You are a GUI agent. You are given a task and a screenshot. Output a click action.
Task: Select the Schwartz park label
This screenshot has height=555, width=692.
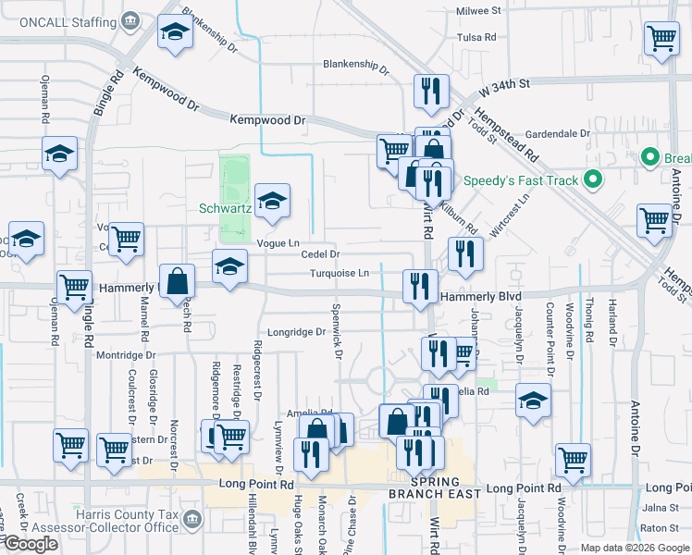(x=225, y=208)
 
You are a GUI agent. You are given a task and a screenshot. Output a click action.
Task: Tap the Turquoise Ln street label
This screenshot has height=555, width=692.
(x=339, y=273)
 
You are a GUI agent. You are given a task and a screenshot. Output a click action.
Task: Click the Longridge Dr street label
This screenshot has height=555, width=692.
(x=297, y=332)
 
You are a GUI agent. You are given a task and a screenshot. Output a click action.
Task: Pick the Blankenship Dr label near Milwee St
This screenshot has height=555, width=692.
(x=356, y=65)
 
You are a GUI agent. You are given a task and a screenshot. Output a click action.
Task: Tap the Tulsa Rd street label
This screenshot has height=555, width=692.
(x=476, y=38)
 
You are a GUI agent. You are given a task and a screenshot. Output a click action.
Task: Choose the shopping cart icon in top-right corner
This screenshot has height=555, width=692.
(x=661, y=40)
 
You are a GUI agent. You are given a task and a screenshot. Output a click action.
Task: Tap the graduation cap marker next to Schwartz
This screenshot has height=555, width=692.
(x=272, y=201)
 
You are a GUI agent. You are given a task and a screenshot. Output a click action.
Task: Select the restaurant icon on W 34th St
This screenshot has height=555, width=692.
(x=431, y=92)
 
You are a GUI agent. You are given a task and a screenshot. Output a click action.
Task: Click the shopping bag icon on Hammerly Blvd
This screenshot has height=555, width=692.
(x=176, y=281)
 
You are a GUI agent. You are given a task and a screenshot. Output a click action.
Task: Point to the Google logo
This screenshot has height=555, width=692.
(x=30, y=544)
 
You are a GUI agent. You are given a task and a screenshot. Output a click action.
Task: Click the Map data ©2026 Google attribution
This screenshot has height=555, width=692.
(x=633, y=548)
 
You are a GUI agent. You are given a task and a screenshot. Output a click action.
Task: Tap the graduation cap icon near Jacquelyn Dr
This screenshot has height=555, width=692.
(x=533, y=401)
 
